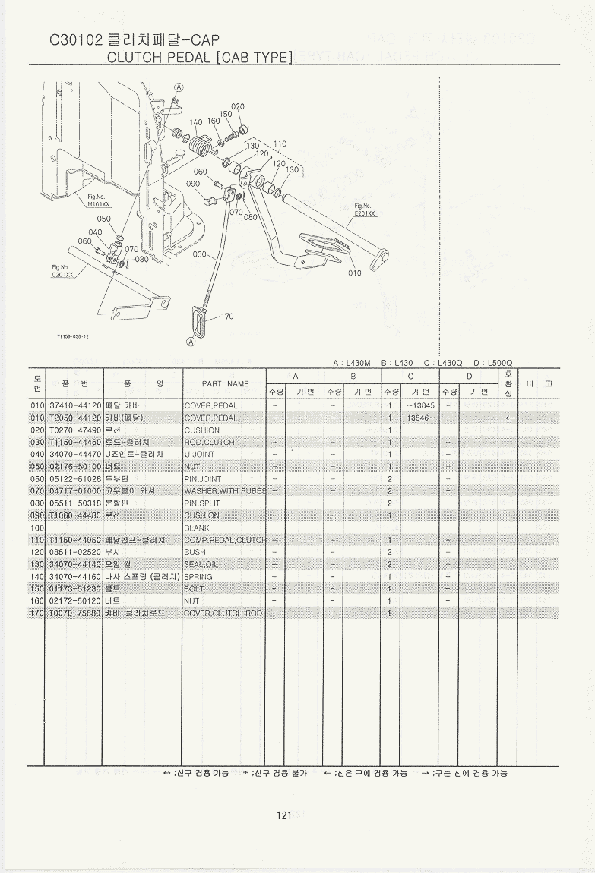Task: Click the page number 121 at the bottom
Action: pyautogui.click(x=285, y=815)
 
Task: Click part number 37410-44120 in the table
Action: pyautogui.click(x=75, y=405)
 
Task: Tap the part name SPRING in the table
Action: pyautogui.click(x=199, y=576)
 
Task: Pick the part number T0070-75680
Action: pyautogui.click(x=75, y=613)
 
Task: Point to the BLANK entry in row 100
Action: pyautogui.click(x=198, y=528)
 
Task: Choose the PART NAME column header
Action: pyautogui.click(x=225, y=383)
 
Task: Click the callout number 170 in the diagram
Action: pyautogui.click(x=226, y=317)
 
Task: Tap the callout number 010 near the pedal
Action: pyautogui.click(x=355, y=273)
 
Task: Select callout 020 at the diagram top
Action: pyautogui.click(x=238, y=106)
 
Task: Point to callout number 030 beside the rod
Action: pyautogui.click(x=200, y=254)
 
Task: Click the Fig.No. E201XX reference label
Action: pyautogui.click(x=364, y=210)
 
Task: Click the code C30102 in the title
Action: pyautogui.click(x=77, y=40)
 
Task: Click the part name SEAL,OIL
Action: pyautogui.click(x=201, y=564)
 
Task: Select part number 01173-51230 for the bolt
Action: pyautogui.click(x=75, y=588)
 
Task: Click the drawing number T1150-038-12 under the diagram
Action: pyautogui.click(x=73, y=337)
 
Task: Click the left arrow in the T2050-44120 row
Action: pyautogui.click(x=509, y=418)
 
